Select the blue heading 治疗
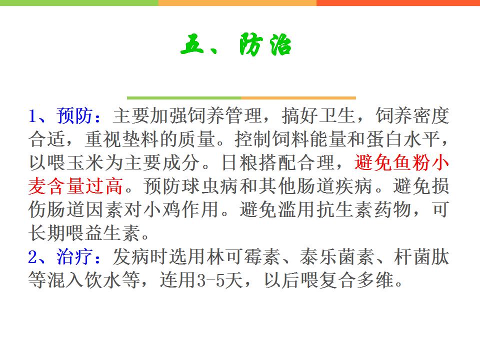point(74,256)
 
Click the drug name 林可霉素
point(243,256)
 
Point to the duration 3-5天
point(220,280)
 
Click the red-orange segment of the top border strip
point(398,3)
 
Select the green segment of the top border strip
point(79,3)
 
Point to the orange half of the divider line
point(298,98)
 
